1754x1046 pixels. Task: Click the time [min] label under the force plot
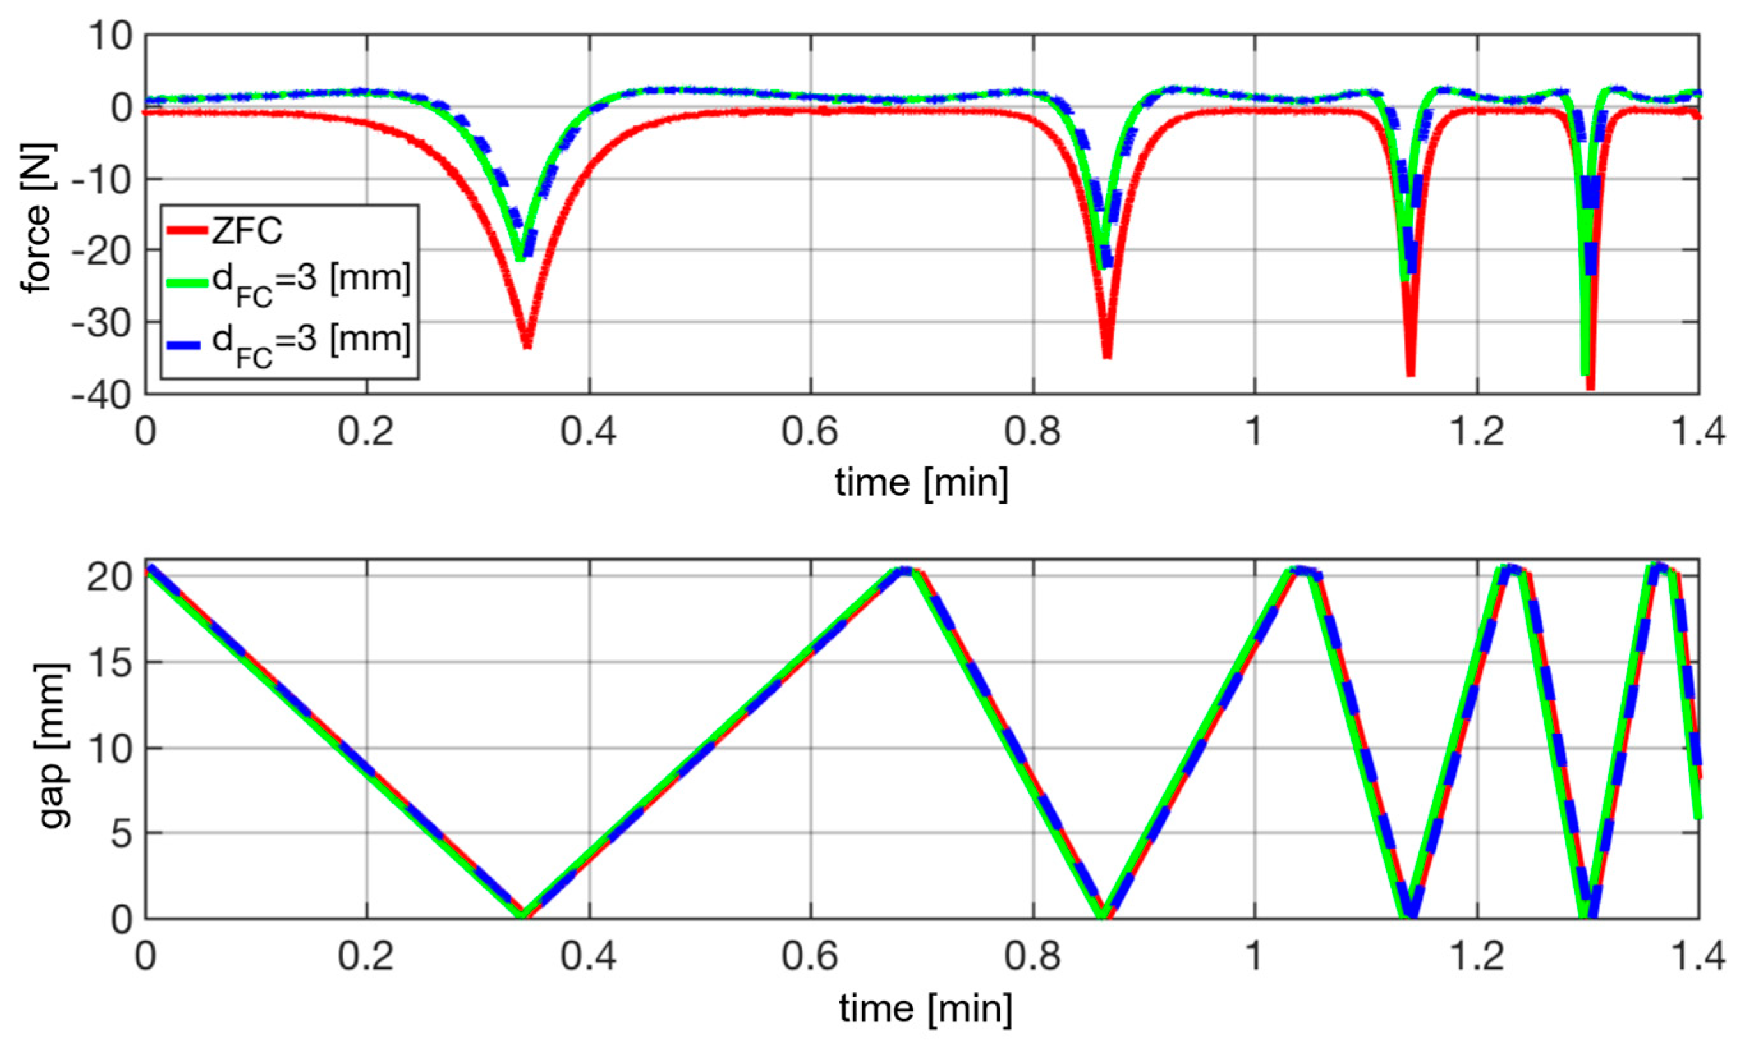(921, 484)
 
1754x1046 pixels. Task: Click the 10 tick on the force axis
(111, 35)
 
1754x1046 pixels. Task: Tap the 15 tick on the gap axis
(111, 663)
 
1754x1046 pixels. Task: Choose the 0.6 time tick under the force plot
(810, 431)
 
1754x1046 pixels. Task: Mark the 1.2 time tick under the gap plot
(1477, 957)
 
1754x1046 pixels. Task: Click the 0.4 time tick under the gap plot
(589, 957)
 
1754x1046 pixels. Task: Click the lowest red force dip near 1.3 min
(1590, 386)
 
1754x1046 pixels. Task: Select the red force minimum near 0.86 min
(1107, 356)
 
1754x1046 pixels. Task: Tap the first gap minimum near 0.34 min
(522, 915)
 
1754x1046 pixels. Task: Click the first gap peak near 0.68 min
(905, 569)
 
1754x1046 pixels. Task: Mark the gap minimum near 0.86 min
(1103, 915)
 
